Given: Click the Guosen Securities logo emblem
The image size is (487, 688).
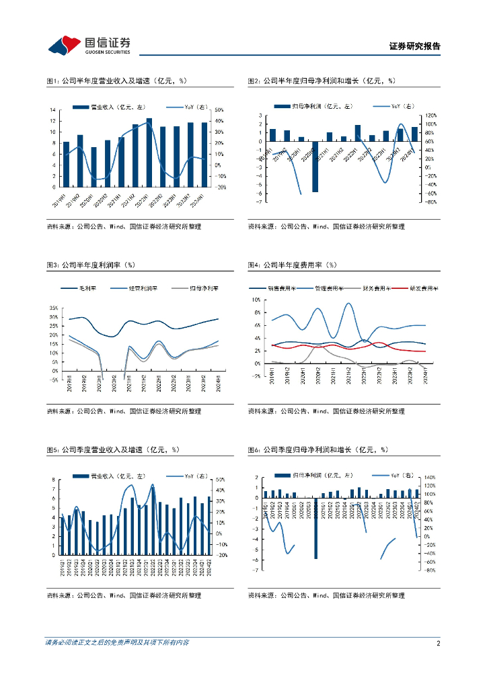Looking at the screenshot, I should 63,45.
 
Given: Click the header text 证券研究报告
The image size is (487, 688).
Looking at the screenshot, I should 415,46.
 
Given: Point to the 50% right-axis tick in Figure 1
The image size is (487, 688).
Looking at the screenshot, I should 219,110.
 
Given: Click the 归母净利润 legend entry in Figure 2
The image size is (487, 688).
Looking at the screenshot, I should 312,106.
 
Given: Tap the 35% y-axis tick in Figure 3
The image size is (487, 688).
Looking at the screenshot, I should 54,308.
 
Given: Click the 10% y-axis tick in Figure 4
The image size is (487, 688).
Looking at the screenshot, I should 256,300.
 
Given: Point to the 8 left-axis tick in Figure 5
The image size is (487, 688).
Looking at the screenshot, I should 54,480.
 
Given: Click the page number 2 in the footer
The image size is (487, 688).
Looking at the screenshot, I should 438,643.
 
